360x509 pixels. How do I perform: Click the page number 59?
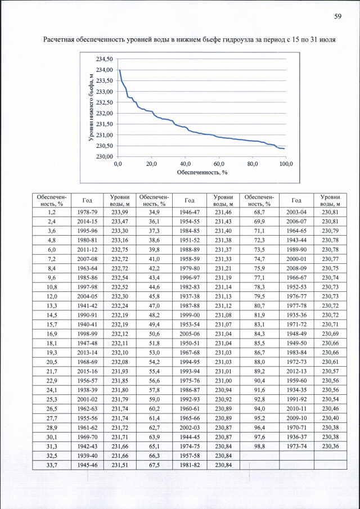click(x=338, y=16)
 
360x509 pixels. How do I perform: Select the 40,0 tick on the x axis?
click(x=185, y=164)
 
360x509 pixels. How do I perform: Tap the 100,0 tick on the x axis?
click(x=286, y=164)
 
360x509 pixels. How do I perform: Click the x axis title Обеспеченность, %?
click(x=201, y=173)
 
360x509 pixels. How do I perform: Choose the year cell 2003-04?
click(x=296, y=212)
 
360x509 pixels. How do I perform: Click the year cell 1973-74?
click(x=296, y=445)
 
